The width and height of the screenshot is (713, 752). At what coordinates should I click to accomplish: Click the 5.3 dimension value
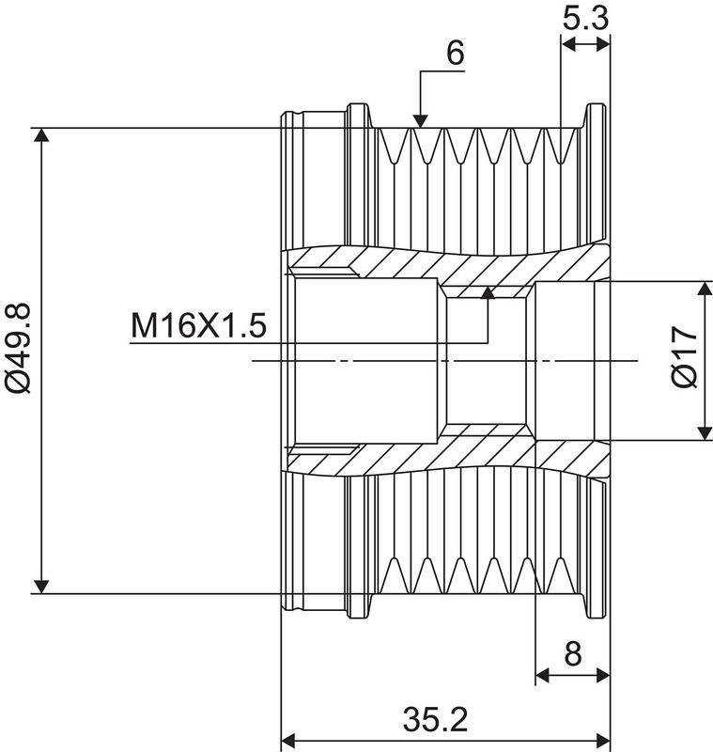point(585,19)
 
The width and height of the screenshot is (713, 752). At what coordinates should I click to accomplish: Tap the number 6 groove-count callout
point(456,53)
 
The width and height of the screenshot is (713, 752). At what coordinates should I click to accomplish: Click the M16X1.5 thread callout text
point(198,325)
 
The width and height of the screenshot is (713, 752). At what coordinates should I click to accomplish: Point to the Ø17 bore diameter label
point(685,356)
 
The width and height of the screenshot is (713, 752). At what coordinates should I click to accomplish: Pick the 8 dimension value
point(573,653)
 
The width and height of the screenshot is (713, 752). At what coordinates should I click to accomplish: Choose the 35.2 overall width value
point(435,719)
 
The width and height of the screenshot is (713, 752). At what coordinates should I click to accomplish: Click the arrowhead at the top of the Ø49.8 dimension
point(42,135)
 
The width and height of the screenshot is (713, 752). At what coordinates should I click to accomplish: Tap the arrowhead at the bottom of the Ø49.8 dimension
point(42,587)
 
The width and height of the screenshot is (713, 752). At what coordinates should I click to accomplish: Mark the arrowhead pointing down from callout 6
point(420,121)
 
